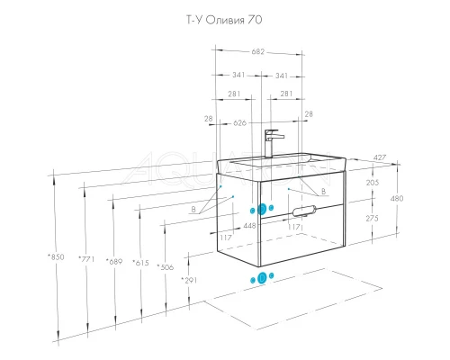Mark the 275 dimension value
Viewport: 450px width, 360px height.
[x=373, y=219]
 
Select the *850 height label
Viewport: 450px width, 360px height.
[x=56, y=258]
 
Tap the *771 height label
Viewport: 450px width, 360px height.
[x=87, y=259]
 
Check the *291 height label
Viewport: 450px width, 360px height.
[x=189, y=281]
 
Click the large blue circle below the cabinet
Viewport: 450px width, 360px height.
[x=262, y=278]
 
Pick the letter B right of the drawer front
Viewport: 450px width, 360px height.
[x=319, y=190]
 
